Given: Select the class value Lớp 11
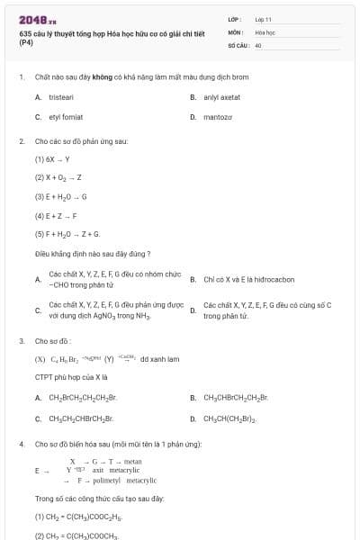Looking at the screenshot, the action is [x=263, y=19].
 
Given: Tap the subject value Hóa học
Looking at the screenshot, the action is [x=265, y=31].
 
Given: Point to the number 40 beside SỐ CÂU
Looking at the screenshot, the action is [x=258, y=44].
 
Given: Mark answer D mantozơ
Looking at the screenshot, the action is [x=218, y=117].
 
